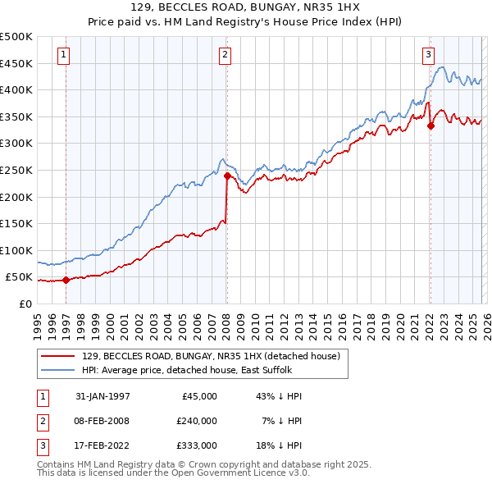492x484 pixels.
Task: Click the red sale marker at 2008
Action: point(227,175)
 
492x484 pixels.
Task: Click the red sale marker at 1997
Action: point(66,280)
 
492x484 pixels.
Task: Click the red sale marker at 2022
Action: point(430,126)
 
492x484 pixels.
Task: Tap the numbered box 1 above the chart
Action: point(64,55)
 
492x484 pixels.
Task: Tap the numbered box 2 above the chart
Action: point(225,55)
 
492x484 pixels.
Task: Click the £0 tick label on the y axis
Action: point(25,304)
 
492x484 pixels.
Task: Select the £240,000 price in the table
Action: point(197,421)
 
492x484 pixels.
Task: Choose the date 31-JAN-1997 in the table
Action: point(102,396)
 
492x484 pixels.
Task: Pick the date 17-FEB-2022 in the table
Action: point(102,445)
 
